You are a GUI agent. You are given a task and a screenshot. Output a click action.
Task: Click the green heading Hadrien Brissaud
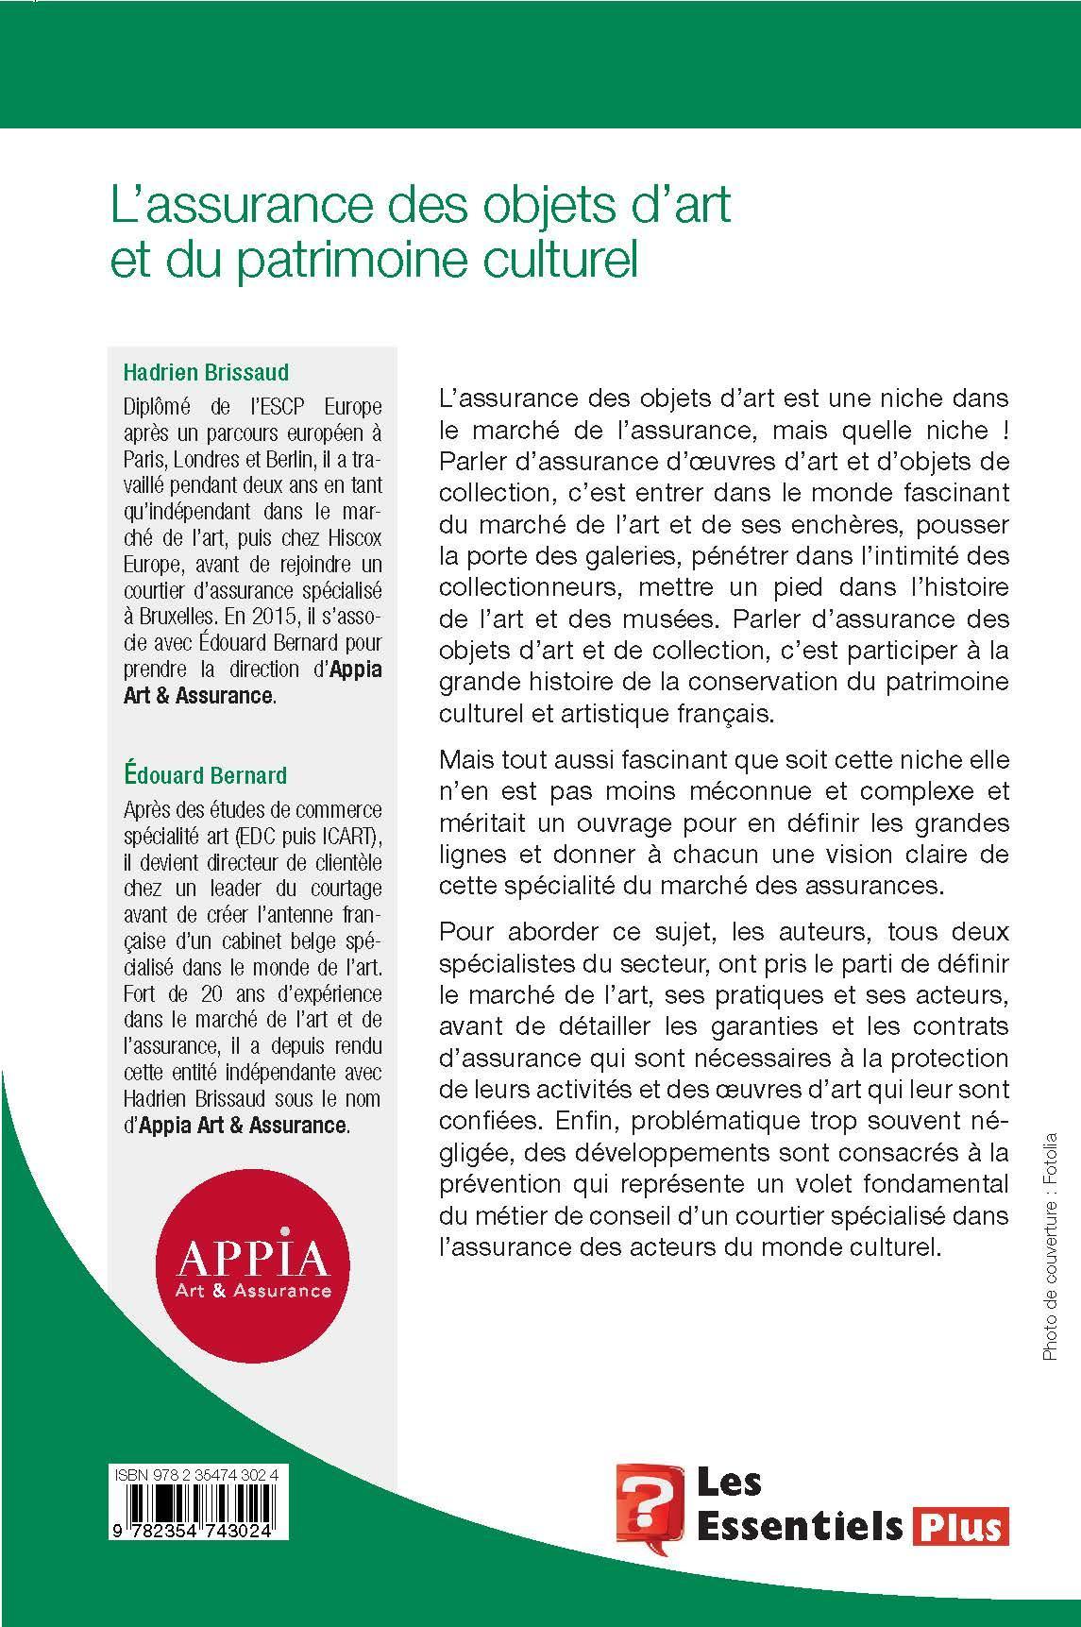pos(208,371)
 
